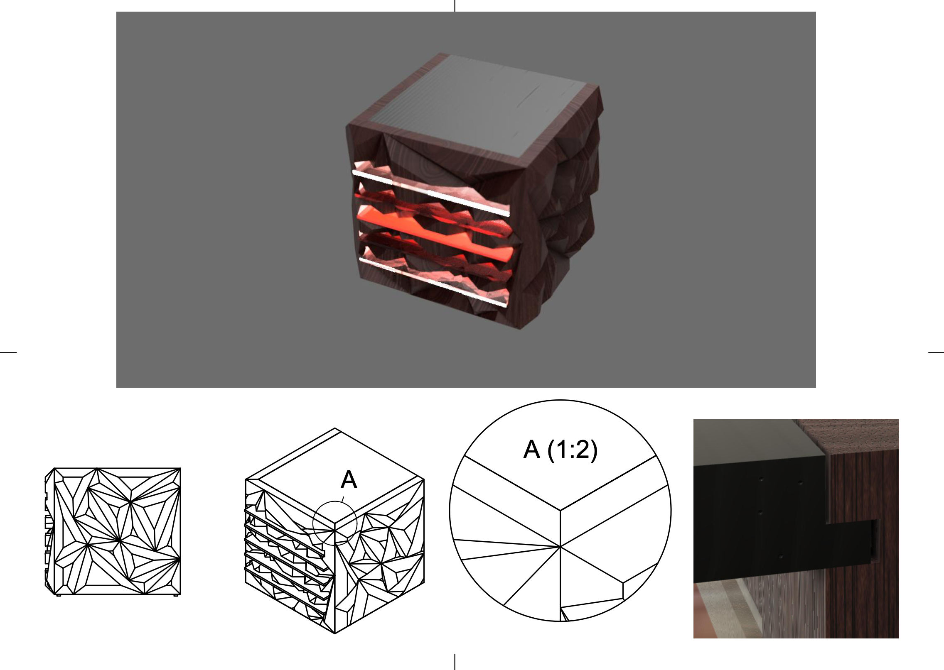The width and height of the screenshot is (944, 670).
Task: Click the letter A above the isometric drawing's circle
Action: click(x=349, y=481)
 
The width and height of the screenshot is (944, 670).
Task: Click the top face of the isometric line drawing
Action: click(x=335, y=479)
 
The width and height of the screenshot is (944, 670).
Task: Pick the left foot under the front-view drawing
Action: click(x=59, y=595)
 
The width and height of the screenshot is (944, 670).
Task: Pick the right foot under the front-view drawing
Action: click(x=176, y=595)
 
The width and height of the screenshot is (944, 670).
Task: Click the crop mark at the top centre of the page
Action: click(x=455, y=5)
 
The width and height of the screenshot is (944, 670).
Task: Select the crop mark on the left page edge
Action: click(x=8, y=352)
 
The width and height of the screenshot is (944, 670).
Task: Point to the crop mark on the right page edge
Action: click(x=936, y=352)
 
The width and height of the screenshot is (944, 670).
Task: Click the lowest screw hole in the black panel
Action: click(x=781, y=556)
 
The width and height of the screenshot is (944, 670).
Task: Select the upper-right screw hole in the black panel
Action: click(x=801, y=484)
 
